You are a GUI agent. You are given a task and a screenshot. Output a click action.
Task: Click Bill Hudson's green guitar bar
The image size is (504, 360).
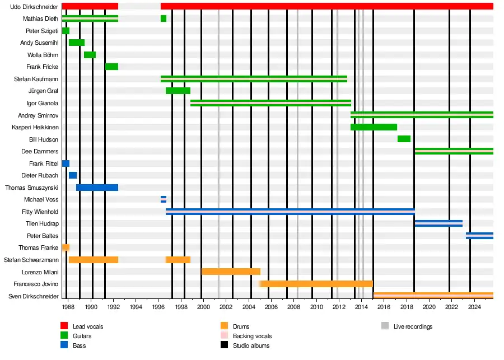pyautogui.click(x=404, y=139)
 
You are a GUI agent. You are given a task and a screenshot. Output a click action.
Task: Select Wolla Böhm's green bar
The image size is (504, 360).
pyautogui.click(x=90, y=55)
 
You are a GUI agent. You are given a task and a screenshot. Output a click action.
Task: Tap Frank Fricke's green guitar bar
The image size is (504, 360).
pyautogui.click(x=111, y=67)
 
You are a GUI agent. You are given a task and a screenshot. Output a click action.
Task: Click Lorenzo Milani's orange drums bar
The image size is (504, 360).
pyautogui.click(x=231, y=272)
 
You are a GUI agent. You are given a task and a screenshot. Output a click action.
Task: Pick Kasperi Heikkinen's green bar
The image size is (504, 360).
pyautogui.click(x=374, y=127)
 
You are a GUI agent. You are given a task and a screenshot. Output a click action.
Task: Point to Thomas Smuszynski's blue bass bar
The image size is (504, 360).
pyautogui.click(x=97, y=188)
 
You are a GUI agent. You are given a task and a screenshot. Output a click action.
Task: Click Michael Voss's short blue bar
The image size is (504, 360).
pyautogui.click(x=164, y=199)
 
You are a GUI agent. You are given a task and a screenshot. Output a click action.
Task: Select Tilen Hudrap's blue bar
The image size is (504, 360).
pyautogui.click(x=438, y=223)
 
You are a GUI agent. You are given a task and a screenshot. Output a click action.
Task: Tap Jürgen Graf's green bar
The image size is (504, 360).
pyautogui.click(x=178, y=91)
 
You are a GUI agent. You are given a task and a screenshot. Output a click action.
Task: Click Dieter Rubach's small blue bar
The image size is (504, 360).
pyautogui.click(x=73, y=175)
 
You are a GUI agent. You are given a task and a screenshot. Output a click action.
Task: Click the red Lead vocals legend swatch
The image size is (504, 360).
pyautogui.click(x=64, y=326)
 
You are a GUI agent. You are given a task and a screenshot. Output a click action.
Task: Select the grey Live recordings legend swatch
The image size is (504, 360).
pyautogui.click(x=385, y=326)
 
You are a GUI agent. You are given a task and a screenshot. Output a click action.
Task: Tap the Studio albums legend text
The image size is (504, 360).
pyautogui.click(x=251, y=345)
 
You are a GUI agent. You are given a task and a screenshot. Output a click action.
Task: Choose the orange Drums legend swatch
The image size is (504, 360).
pyautogui.click(x=225, y=326)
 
